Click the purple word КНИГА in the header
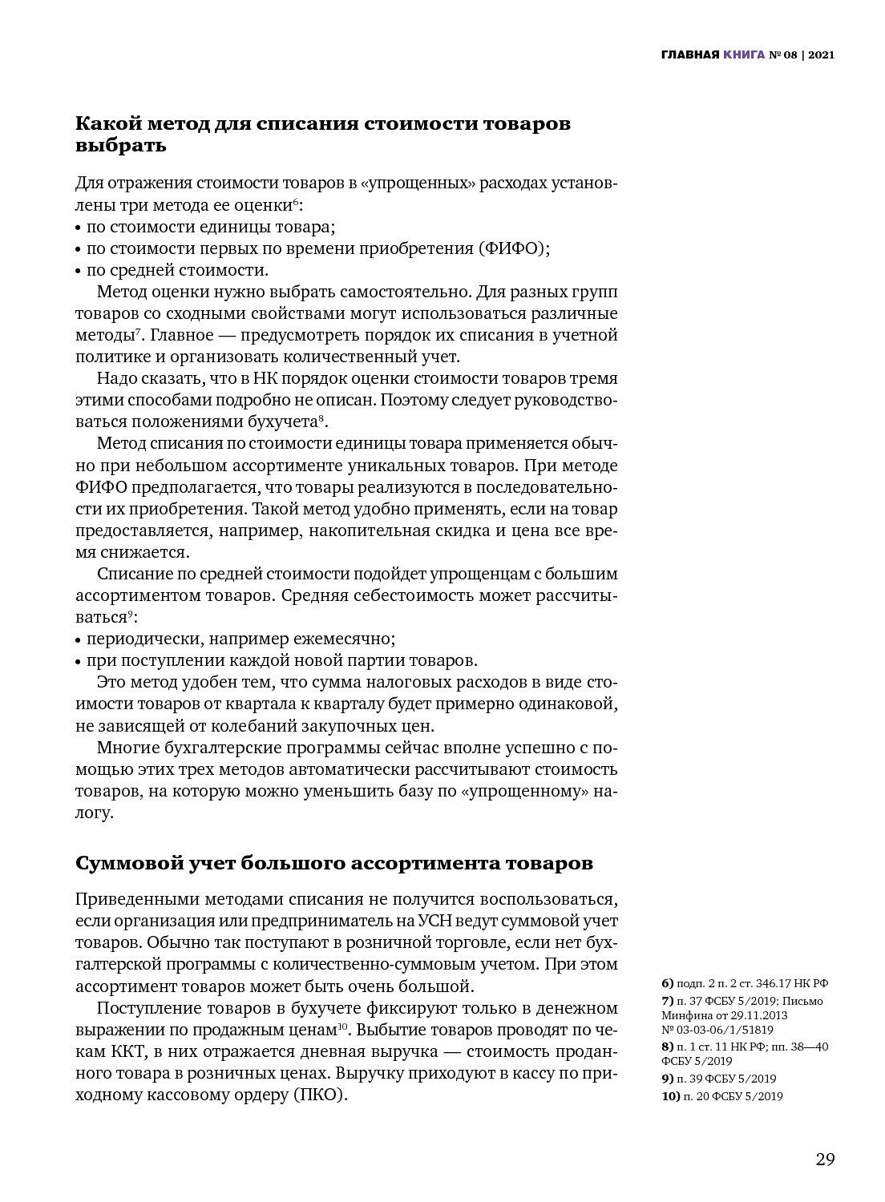(x=744, y=55)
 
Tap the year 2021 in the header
(x=821, y=55)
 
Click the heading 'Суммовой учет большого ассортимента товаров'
(x=333, y=863)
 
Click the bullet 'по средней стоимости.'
(x=177, y=270)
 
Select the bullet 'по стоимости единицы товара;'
(x=211, y=227)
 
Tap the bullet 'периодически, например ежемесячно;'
(x=240, y=639)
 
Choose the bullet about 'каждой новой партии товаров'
(x=281, y=660)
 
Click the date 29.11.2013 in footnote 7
(x=758, y=1015)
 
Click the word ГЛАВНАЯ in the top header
(x=689, y=55)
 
